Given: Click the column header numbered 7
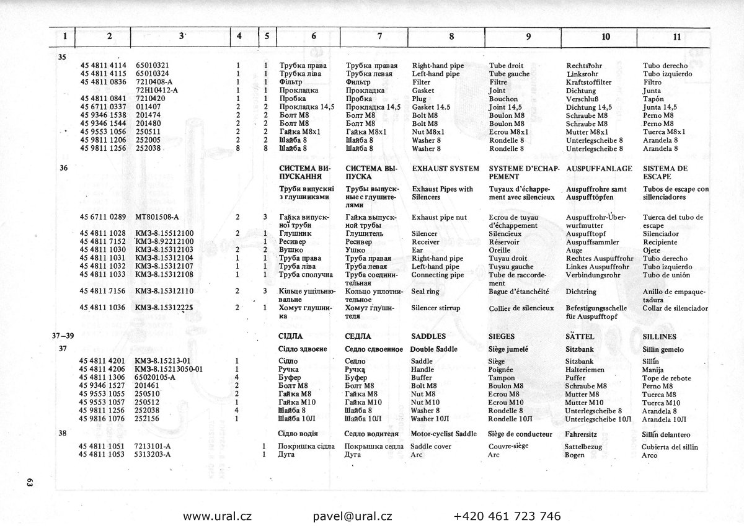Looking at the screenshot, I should click(379, 36).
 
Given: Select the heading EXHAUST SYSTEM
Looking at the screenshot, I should click(445, 169).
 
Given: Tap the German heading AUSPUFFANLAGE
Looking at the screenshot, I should click(599, 169).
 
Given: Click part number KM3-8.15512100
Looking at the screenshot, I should click(164, 233).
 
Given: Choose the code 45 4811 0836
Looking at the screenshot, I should click(103, 82).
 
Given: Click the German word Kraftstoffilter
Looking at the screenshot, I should click(589, 82).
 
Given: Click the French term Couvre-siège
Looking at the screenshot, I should click(509, 446).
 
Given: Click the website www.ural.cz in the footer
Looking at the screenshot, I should click(217, 516).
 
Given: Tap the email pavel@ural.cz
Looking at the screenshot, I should click(352, 516).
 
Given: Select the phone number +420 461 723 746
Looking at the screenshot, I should click(507, 516).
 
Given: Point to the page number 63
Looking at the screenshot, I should click(29, 484).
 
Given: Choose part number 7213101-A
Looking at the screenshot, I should click(153, 446).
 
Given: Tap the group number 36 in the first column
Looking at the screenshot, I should click(63, 169).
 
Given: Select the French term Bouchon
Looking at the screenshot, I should click(503, 99).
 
